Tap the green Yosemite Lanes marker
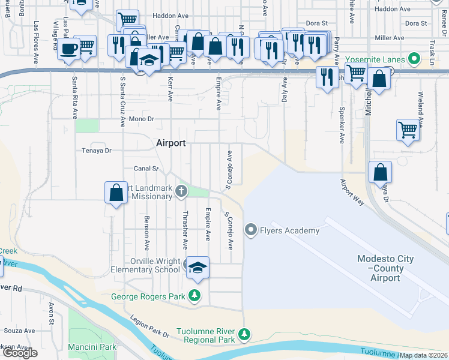[413, 59]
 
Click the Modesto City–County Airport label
[385, 268]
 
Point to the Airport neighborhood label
[171, 143]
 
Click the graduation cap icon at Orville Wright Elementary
[196, 268]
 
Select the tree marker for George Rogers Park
[194, 295]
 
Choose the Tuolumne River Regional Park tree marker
[244, 334]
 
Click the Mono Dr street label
[143, 119]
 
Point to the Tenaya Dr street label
[97, 151]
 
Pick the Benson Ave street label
[146, 233]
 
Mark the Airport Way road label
[352, 193]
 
